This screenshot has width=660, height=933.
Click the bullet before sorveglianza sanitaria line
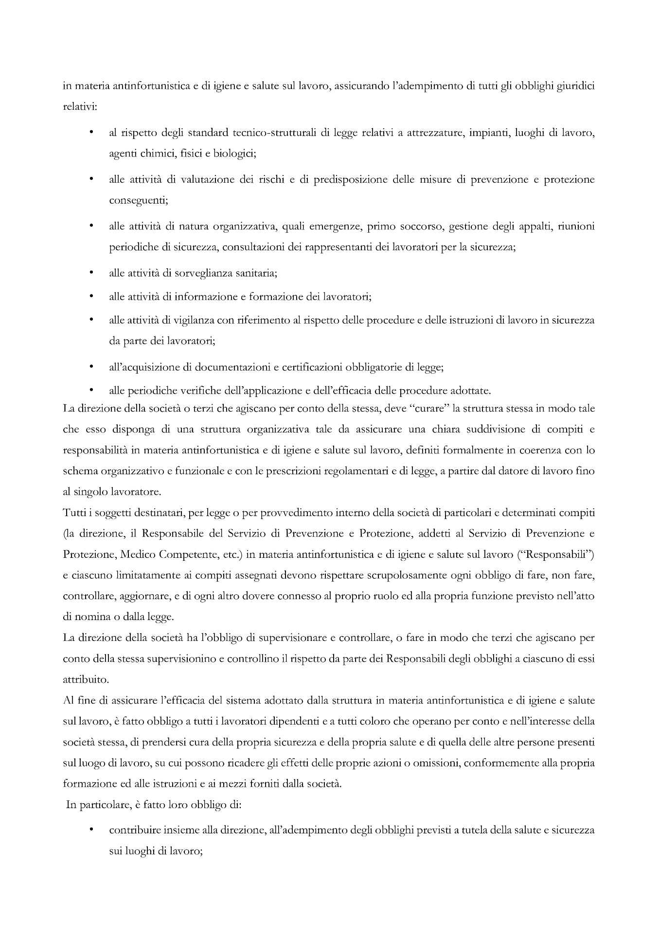pyautogui.click(x=91, y=273)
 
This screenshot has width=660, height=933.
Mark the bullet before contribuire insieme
pyautogui.click(x=91, y=830)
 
